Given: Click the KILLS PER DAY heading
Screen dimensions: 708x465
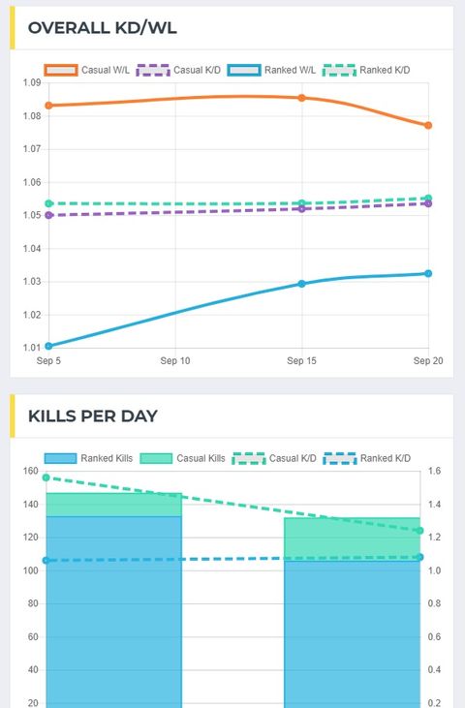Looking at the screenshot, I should point(92,416).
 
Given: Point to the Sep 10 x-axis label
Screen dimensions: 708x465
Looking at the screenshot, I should point(174,360).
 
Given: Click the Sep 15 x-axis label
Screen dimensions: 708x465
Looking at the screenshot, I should point(301,360).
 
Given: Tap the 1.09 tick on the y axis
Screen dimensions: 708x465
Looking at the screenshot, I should point(31,83).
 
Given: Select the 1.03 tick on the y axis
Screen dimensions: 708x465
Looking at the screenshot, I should point(31,282).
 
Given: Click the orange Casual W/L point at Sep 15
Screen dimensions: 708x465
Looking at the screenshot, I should point(301,98).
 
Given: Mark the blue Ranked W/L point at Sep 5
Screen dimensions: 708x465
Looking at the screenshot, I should point(48,346).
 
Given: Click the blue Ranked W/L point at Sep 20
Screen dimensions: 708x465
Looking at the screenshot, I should point(428,273).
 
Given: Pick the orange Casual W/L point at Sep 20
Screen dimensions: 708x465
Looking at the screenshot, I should point(428,125).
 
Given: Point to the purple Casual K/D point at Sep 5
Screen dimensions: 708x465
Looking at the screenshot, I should point(48,215).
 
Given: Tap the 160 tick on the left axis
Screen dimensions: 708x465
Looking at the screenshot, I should point(29,472).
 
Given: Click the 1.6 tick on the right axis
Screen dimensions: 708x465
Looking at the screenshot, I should point(434,472).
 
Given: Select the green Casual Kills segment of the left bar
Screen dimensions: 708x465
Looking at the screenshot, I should point(113,505).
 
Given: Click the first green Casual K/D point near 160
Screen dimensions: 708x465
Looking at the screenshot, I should point(46,477).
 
